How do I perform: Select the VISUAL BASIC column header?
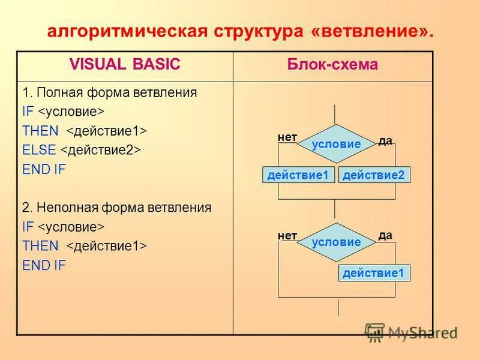(125, 65)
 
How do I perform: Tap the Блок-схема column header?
(332, 65)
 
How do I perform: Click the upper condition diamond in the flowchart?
(337, 144)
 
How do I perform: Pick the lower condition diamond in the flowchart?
(337, 242)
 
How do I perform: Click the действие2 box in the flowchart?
(374, 175)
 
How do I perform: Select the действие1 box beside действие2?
(298, 175)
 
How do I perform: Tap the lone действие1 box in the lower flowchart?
(374, 274)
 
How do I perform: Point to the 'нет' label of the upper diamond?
(287, 137)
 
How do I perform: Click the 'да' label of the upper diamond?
(385, 141)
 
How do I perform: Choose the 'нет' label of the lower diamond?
(287, 236)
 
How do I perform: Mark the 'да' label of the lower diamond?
(385, 235)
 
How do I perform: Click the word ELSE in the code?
(39, 150)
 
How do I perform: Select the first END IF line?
(44, 169)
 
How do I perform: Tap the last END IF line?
(44, 265)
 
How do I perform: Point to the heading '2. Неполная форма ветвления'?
(117, 208)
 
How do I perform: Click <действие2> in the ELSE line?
(100, 150)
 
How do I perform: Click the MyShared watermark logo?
(410, 332)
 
